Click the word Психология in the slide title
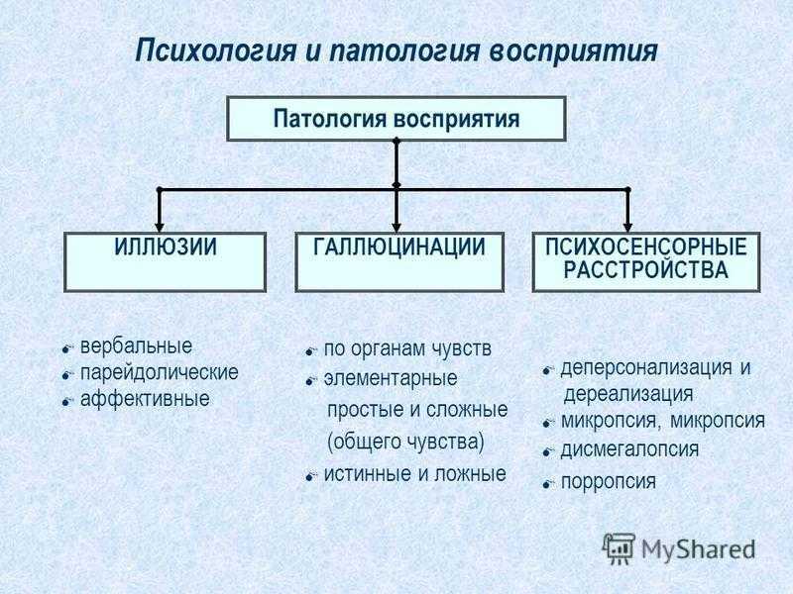click(x=216, y=51)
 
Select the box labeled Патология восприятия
click(x=396, y=119)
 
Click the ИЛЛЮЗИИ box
click(x=165, y=261)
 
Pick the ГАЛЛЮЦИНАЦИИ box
click(x=399, y=261)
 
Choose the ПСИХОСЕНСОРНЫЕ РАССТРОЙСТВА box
click(x=646, y=261)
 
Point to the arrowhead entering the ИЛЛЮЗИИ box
click(x=160, y=227)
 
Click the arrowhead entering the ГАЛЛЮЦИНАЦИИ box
click(x=396, y=227)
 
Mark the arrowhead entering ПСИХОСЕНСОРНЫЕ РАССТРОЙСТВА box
click(x=627, y=227)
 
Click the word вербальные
click(x=136, y=346)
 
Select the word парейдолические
click(x=160, y=373)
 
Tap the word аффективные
click(x=145, y=399)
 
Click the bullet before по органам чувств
click(x=310, y=350)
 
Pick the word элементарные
click(x=390, y=378)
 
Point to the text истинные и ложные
click(x=414, y=474)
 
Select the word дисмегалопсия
click(x=629, y=449)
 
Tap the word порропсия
click(x=609, y=482)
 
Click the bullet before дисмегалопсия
click(x=547, y=452)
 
